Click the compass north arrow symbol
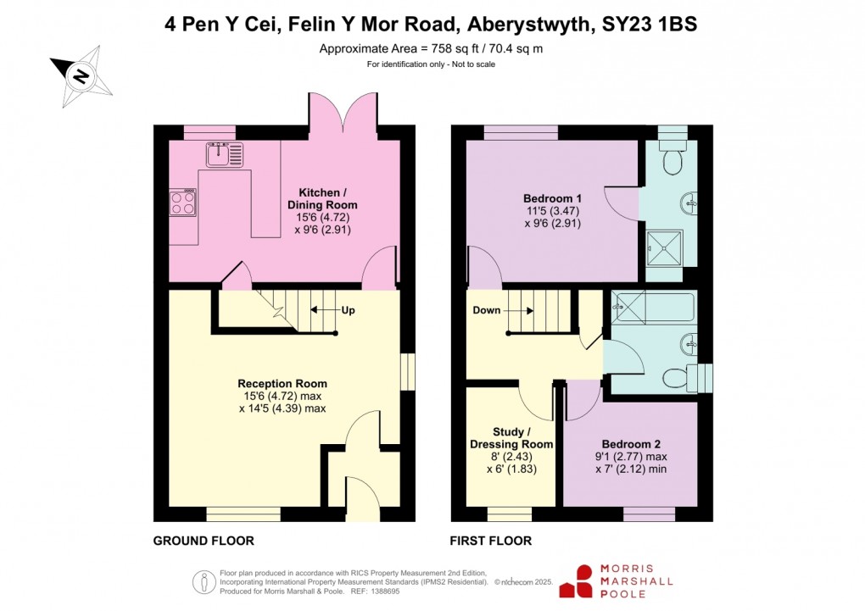(x=81, y=77)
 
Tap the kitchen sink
(x=224, y=155)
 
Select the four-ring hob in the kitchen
(x=183, y=203)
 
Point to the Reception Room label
(x=282, y=384)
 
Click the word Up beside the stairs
(x=348, y=310)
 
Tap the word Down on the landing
(x=487, y=310)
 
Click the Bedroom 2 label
(x=631, y=443)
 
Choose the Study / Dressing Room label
(x=511, y=438)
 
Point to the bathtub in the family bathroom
(x=653, y=307)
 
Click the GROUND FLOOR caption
(x=204, y=541)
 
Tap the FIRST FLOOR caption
(x=491, y=541)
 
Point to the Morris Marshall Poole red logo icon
(x=582, y=581)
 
